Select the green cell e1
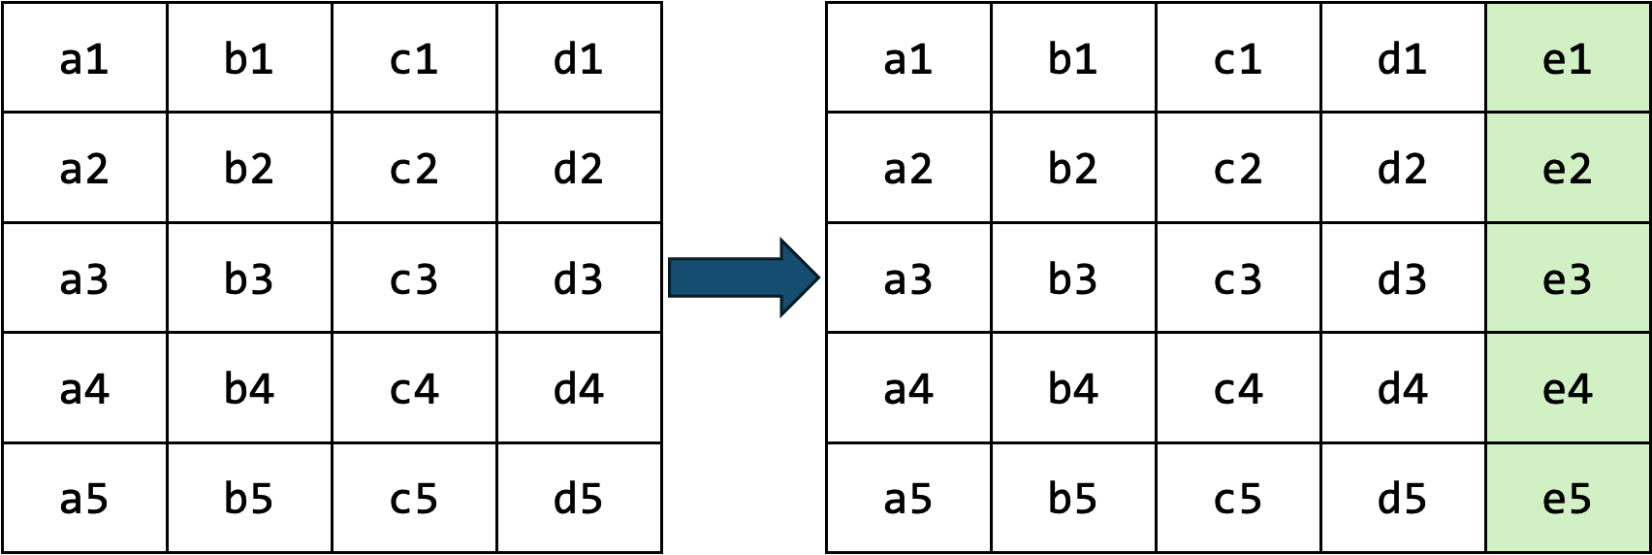1567,58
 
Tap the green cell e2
1567,168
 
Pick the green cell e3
1567,278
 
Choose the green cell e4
1567,388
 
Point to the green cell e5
1567,498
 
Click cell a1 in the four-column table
84,58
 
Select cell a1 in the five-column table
908,58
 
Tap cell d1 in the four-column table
579,58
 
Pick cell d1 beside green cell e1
1402,58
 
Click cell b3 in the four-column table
249,278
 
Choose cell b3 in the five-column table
1073,278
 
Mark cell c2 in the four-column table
414,168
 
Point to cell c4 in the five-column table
1238,388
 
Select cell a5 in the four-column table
84,498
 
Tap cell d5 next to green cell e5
1402,498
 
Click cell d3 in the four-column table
579,278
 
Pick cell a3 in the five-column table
908,278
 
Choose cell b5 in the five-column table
1073,498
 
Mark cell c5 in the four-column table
414,498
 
